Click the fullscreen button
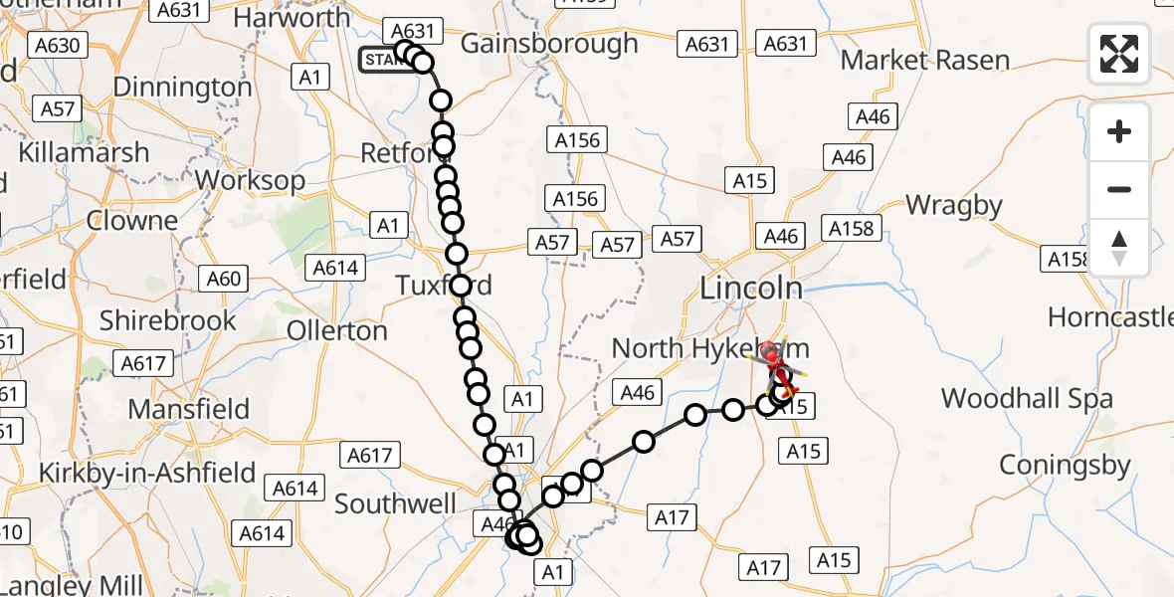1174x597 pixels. tap(1119, 54)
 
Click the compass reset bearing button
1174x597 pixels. tap(1119, 248)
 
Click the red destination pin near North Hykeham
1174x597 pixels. tap(770, 351)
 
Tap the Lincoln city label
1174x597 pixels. tap(751, 289)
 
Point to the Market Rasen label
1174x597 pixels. tap(925, 60)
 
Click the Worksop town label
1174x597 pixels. tap(251, 180)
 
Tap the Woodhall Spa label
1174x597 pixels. tap(1027, 399)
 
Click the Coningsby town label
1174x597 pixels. tap(1065, 465)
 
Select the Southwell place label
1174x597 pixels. tap(395, 503)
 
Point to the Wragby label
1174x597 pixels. tap(954, 206)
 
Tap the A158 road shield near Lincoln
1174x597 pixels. tap(851, 229)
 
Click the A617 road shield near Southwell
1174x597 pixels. tap(372, 456)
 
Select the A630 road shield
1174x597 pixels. tap(60, 45)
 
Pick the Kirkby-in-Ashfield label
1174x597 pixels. tap(147, 473)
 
